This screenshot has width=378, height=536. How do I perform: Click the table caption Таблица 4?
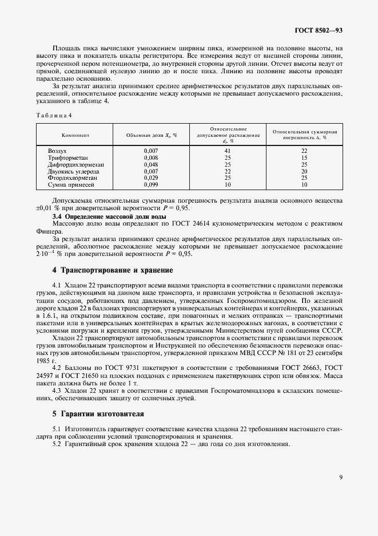54,115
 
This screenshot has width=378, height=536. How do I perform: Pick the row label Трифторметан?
68,157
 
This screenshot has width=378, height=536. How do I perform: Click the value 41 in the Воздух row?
228,151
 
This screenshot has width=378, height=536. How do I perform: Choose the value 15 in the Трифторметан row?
304,157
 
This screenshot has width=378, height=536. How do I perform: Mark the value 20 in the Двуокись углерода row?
304,171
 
